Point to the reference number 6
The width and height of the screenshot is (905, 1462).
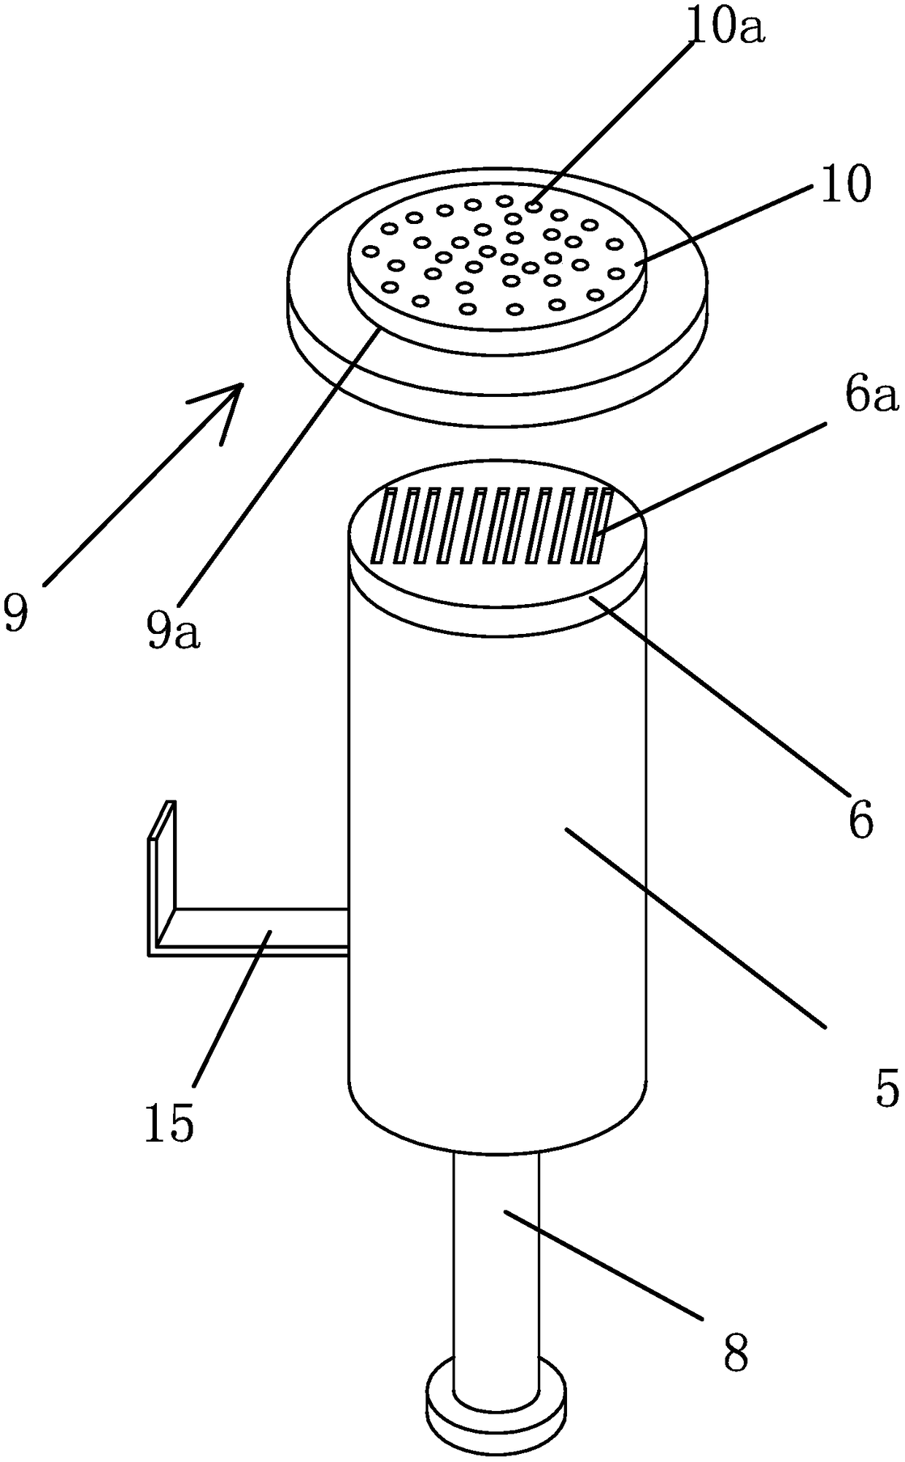point(860,820)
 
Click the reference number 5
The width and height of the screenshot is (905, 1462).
point(886,1091)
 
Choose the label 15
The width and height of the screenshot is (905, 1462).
point(169,1122)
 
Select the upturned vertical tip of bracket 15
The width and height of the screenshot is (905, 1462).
point(162,854)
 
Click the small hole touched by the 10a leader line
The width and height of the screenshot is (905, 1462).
point(535,207)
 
